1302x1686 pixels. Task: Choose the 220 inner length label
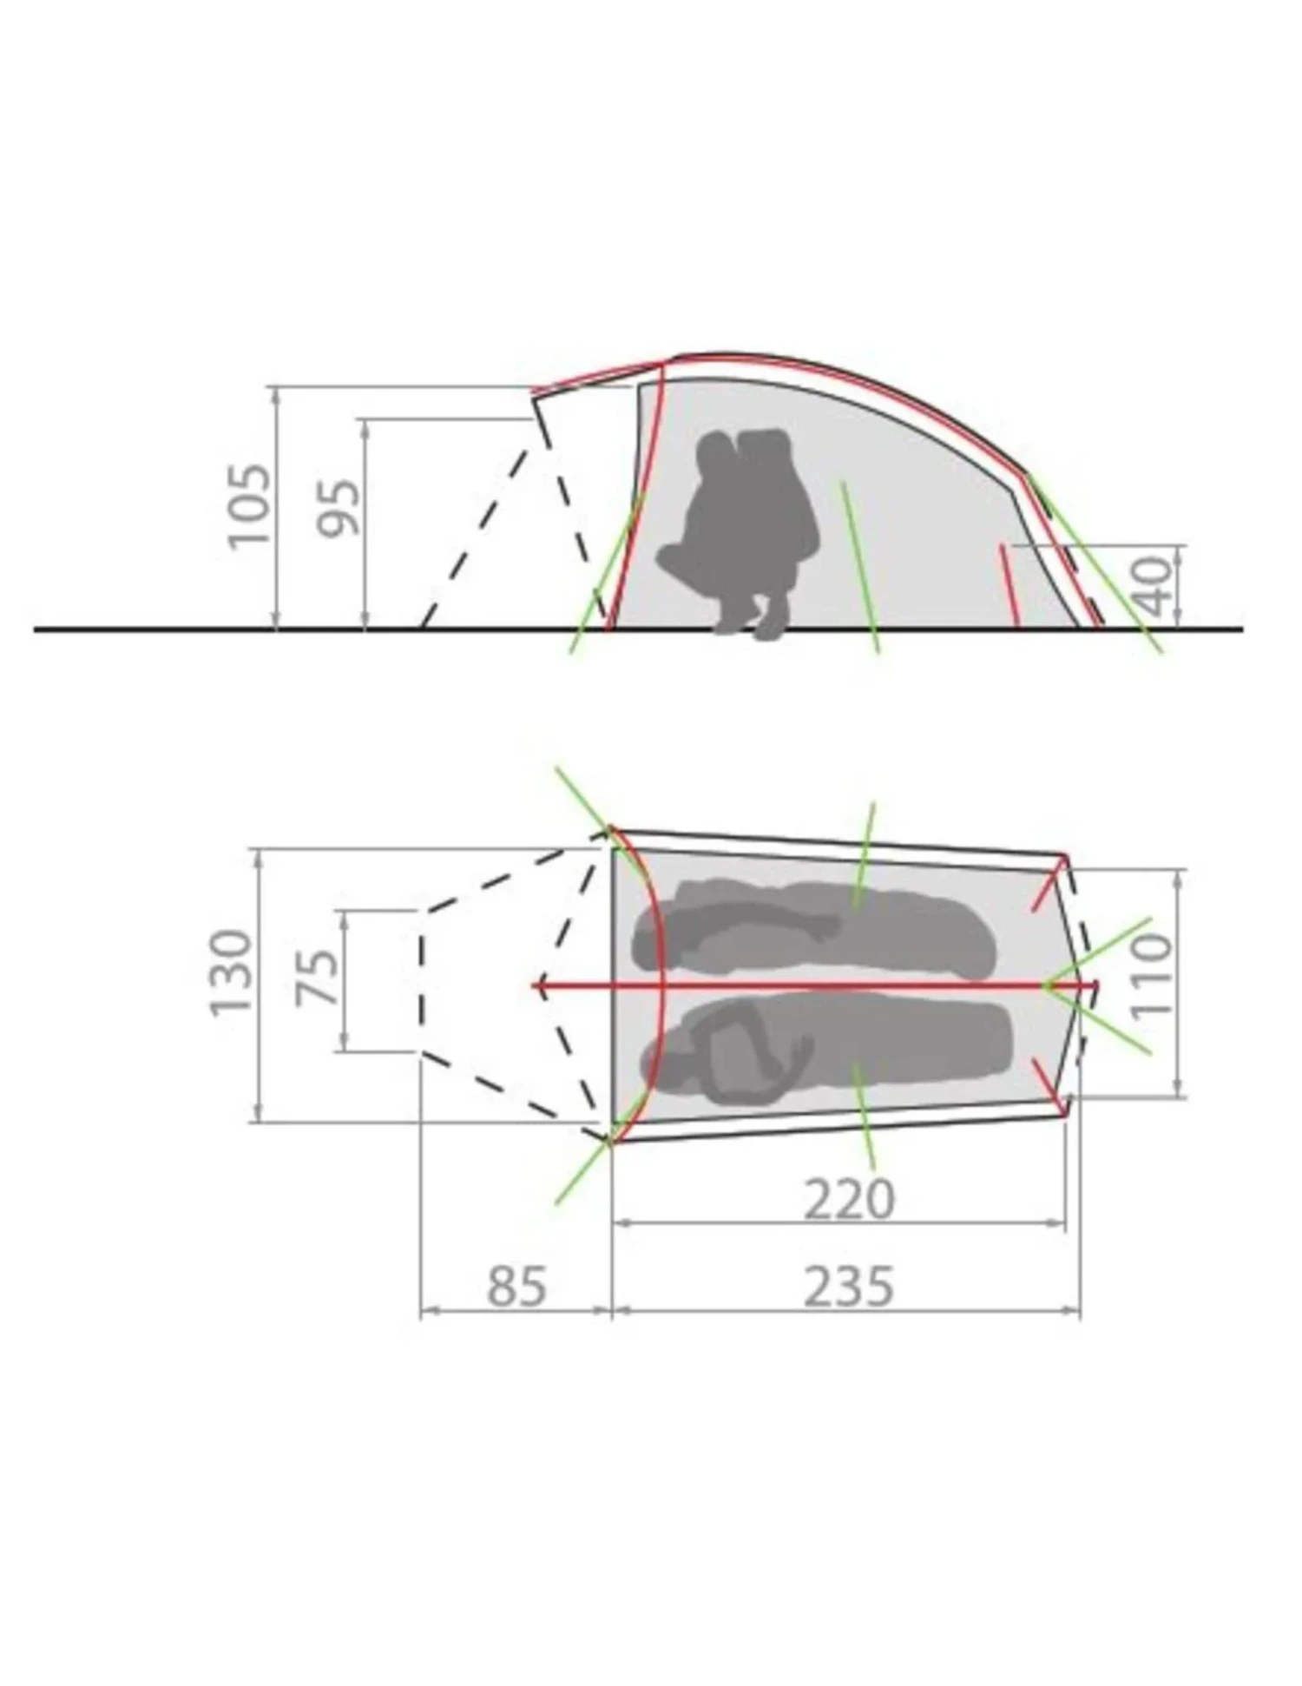tap(848, 1200)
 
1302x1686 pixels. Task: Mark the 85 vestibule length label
tap(516, 1286)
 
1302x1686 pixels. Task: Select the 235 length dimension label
tap(848, 1286)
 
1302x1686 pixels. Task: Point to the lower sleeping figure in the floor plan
tap(825, 1050)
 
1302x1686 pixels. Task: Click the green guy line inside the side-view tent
tap(859, 564)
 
